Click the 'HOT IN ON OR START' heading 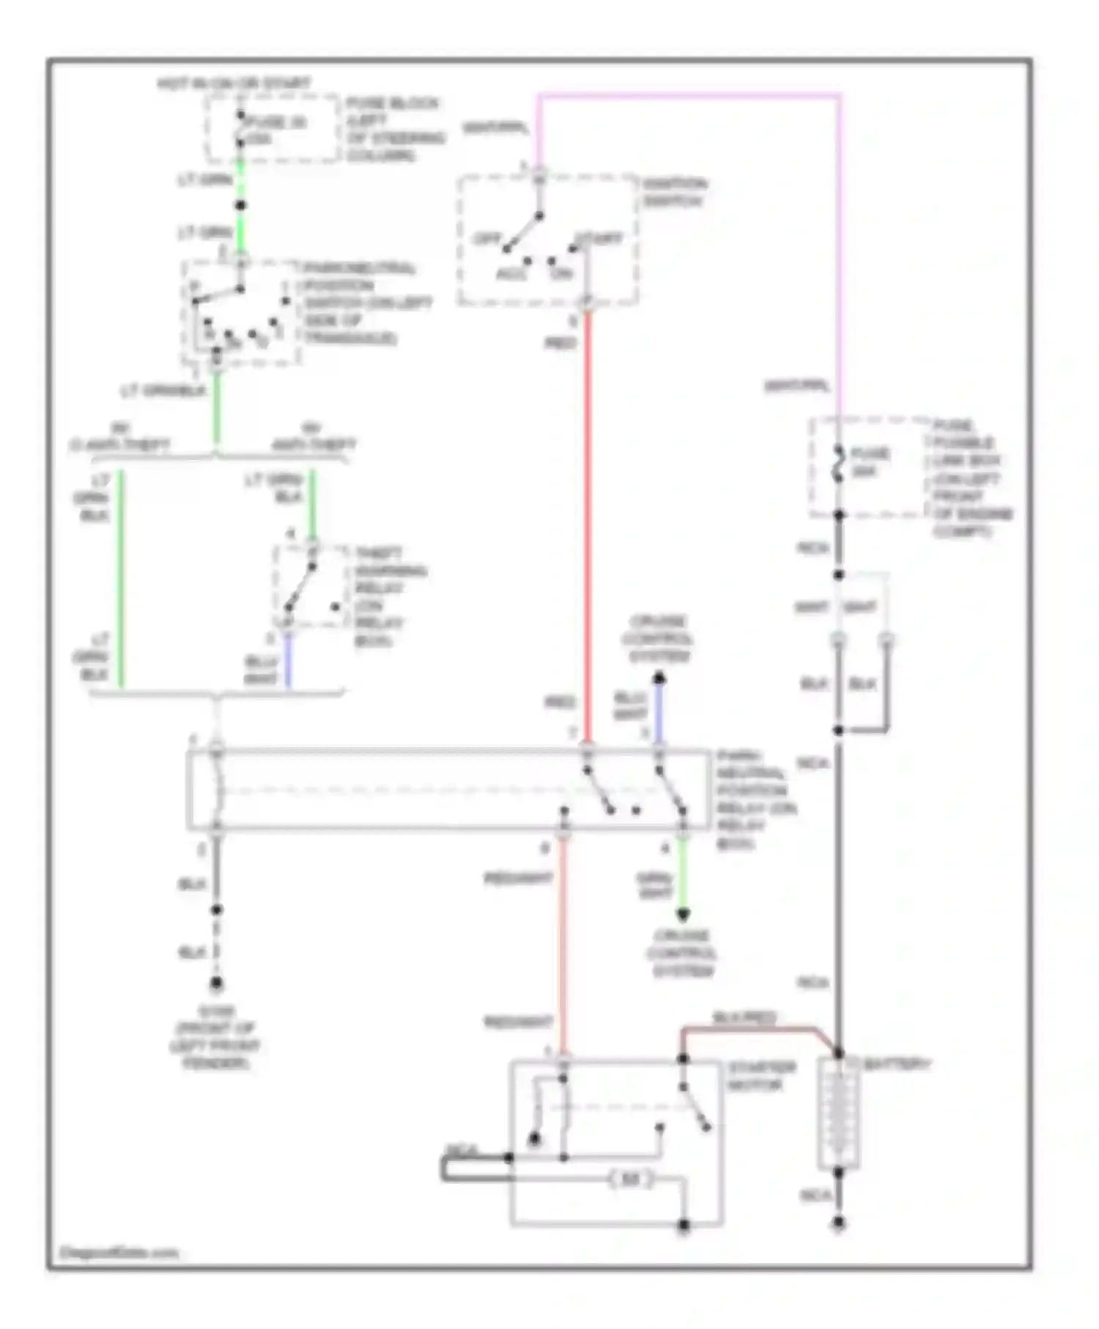point(234,84)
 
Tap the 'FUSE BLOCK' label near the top point(393,103)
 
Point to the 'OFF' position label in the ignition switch point(486,239)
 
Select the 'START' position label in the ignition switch point(599,239)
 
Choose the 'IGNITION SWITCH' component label point(675,192)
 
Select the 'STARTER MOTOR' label point(761,1076)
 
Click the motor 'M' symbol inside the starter point(631,1180)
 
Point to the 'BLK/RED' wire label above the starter point(744,1018)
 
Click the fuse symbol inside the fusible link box point(839,464)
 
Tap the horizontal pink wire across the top point(689,95)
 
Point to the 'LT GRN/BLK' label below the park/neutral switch point(163,391)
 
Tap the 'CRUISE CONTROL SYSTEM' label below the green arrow point(682,953)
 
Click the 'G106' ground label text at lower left point(215,1012)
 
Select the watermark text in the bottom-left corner point(118,1253)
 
